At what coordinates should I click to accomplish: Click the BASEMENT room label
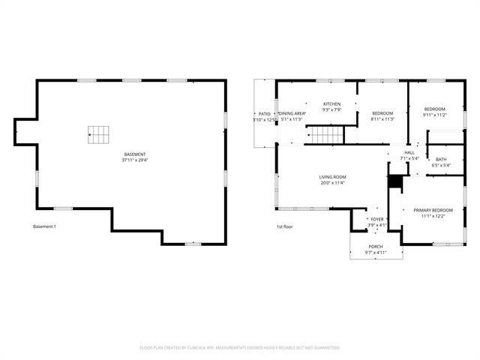coord(135,154)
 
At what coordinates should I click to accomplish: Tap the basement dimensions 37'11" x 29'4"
coord(135,160)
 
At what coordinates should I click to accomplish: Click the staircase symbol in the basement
coord(98,135)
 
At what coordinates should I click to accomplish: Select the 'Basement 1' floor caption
coord(45,226)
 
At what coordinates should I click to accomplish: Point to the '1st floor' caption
coord(284,226)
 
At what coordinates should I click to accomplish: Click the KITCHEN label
coord(331,104)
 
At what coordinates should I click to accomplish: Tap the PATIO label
coord(265,113)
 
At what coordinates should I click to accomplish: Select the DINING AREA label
coord(292,113)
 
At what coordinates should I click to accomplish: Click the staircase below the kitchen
coord(326,135)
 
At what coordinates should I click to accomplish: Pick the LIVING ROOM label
coord(333,177)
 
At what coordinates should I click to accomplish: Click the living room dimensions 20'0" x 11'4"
coord(333,183)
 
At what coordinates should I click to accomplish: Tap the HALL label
coord(409,152)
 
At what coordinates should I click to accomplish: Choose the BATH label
coord(441,159)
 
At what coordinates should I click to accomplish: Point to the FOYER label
coord(376,219)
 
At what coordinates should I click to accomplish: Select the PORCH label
coord(376,247)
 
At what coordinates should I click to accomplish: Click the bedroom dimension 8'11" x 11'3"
coord(382,118)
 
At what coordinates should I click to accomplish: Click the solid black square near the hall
coord(394,181)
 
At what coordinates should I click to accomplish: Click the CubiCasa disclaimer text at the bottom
coord(240,347)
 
